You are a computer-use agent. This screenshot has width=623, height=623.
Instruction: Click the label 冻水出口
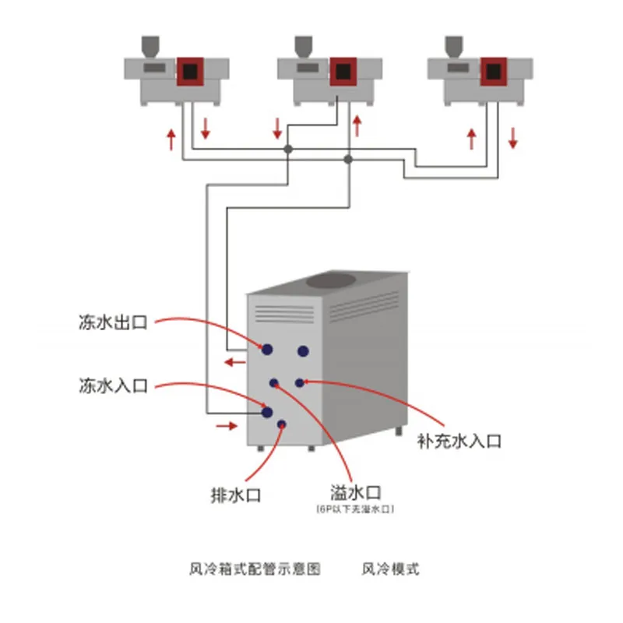coord(113,321)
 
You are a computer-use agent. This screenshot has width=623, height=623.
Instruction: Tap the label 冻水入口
coord(113,385)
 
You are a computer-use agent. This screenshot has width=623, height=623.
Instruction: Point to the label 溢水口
coord(354,492)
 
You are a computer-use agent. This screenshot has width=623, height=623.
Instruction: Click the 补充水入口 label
coord(459,442)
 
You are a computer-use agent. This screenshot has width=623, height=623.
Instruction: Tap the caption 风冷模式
coord(391,569)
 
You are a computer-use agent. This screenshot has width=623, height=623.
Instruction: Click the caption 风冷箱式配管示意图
coord(255,569)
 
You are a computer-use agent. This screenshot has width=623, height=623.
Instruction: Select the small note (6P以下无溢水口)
coord(355,509)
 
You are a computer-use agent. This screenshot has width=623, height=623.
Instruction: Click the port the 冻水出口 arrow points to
coord(267,350)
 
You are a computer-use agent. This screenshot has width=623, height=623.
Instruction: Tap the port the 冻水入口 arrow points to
coord(267,412)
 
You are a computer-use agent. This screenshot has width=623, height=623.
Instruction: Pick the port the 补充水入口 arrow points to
coord(300,382)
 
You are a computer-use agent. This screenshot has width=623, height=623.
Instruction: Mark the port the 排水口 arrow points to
coord(282,424)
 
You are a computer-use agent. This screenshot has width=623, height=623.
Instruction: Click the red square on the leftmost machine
coord(189,72)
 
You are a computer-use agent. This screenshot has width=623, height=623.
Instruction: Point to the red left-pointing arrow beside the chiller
coord(234,361)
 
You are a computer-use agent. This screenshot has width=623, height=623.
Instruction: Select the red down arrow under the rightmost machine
coord(513,138)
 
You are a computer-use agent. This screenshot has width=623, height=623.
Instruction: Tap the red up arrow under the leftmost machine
coord(171,139)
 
